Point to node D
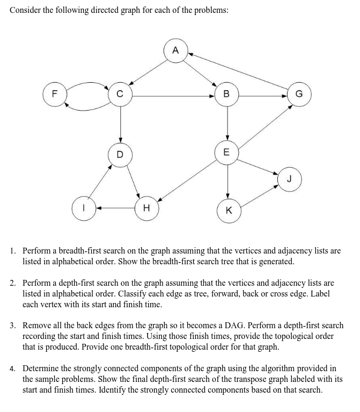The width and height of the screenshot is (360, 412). pyautogui.click(x=120, y=154)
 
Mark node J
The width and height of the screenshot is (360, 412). pyautogui.click(x=290, y=178)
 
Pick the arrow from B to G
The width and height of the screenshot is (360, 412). pyautogui.click(x=263, y=96)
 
